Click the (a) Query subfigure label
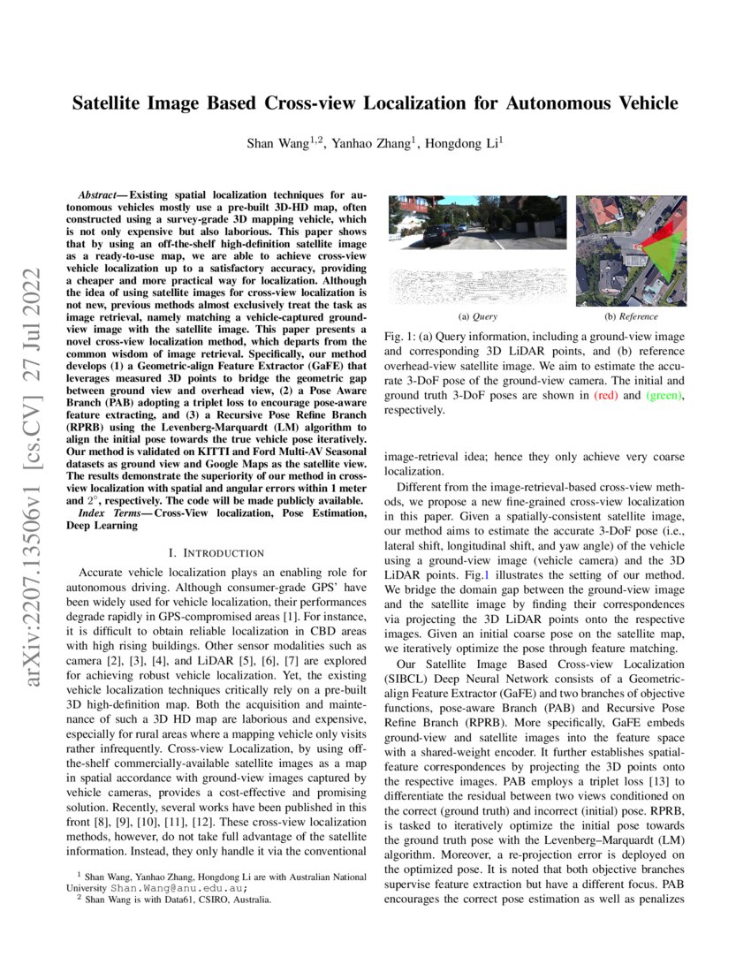(x=476, y=316)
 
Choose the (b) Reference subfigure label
(x=631, y=316)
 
